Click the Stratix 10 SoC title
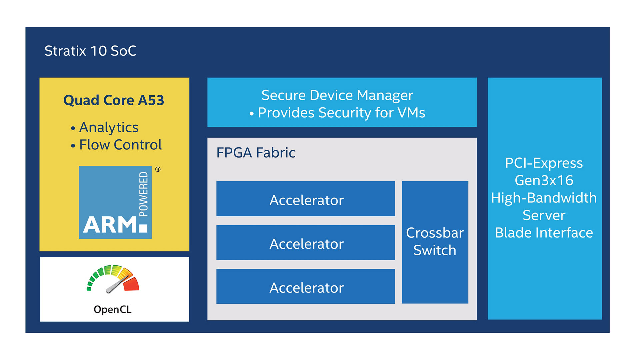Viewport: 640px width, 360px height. pos(90,51)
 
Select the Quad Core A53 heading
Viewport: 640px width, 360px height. pos(114,100)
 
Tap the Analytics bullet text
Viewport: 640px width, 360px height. pos(109,128)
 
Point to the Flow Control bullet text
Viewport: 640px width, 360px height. pos(120,145)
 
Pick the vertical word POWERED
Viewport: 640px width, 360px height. pos(143,194)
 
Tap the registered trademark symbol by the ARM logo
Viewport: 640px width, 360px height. pos(158,169)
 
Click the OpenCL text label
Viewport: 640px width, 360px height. pos(113,310)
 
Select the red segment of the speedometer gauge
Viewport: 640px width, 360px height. pos(131,284)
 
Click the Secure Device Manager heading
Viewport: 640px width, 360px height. pos(337,96)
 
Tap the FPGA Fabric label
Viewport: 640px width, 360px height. pos(256,153)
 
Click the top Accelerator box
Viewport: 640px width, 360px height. pos(306,199)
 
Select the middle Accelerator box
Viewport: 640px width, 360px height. pos(306,242)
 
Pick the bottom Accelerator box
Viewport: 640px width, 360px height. pos(306,286)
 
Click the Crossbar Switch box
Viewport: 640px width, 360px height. pos(435,242)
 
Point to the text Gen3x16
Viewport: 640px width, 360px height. pos(544,180)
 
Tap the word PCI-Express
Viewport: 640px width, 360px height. pos(544,163)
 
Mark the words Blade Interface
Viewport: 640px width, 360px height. pos(544,233)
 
